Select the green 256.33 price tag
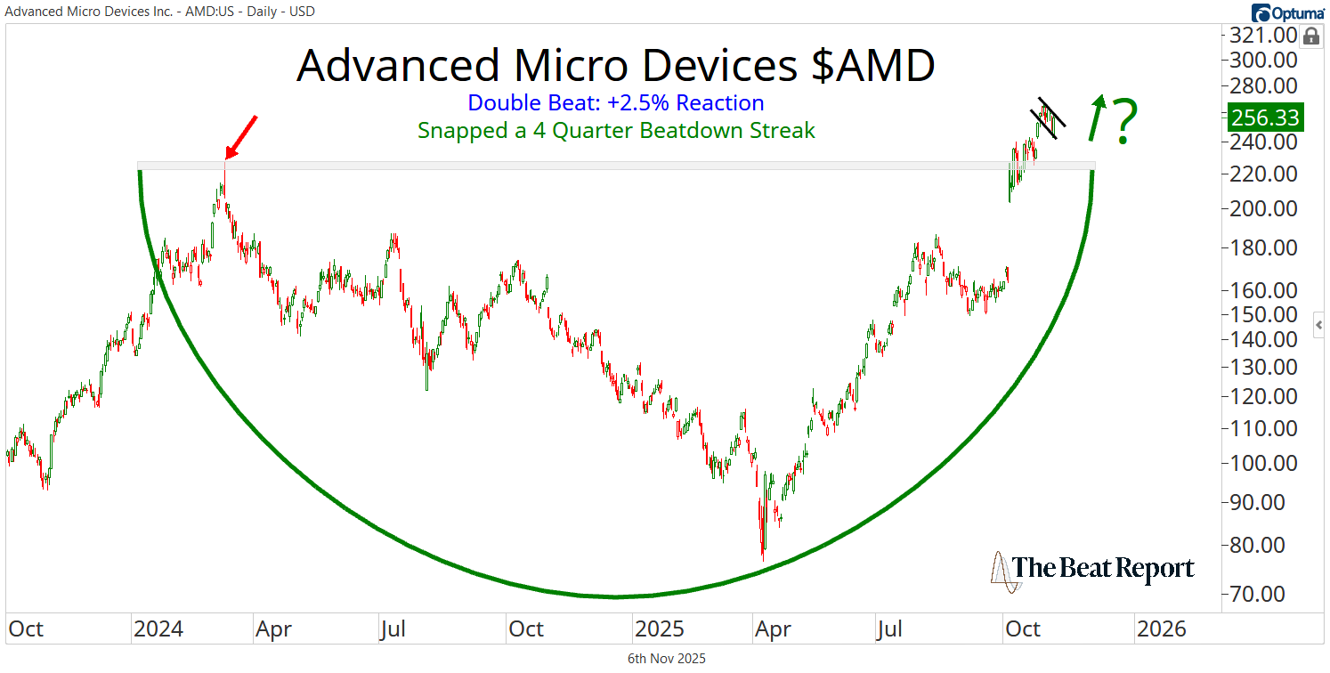[x=1264, y=117]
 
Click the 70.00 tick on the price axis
[x=1264, y=594]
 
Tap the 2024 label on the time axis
[x=158, y=629]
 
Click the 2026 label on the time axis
[x=1162, y=629]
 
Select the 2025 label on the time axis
[x=660, y=629]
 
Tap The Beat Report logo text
[x=1104, y=568]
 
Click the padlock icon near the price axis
[x=1310, y=36]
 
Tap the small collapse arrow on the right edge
[x=1318, y=325]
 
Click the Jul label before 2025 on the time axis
[x=393, y=629]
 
